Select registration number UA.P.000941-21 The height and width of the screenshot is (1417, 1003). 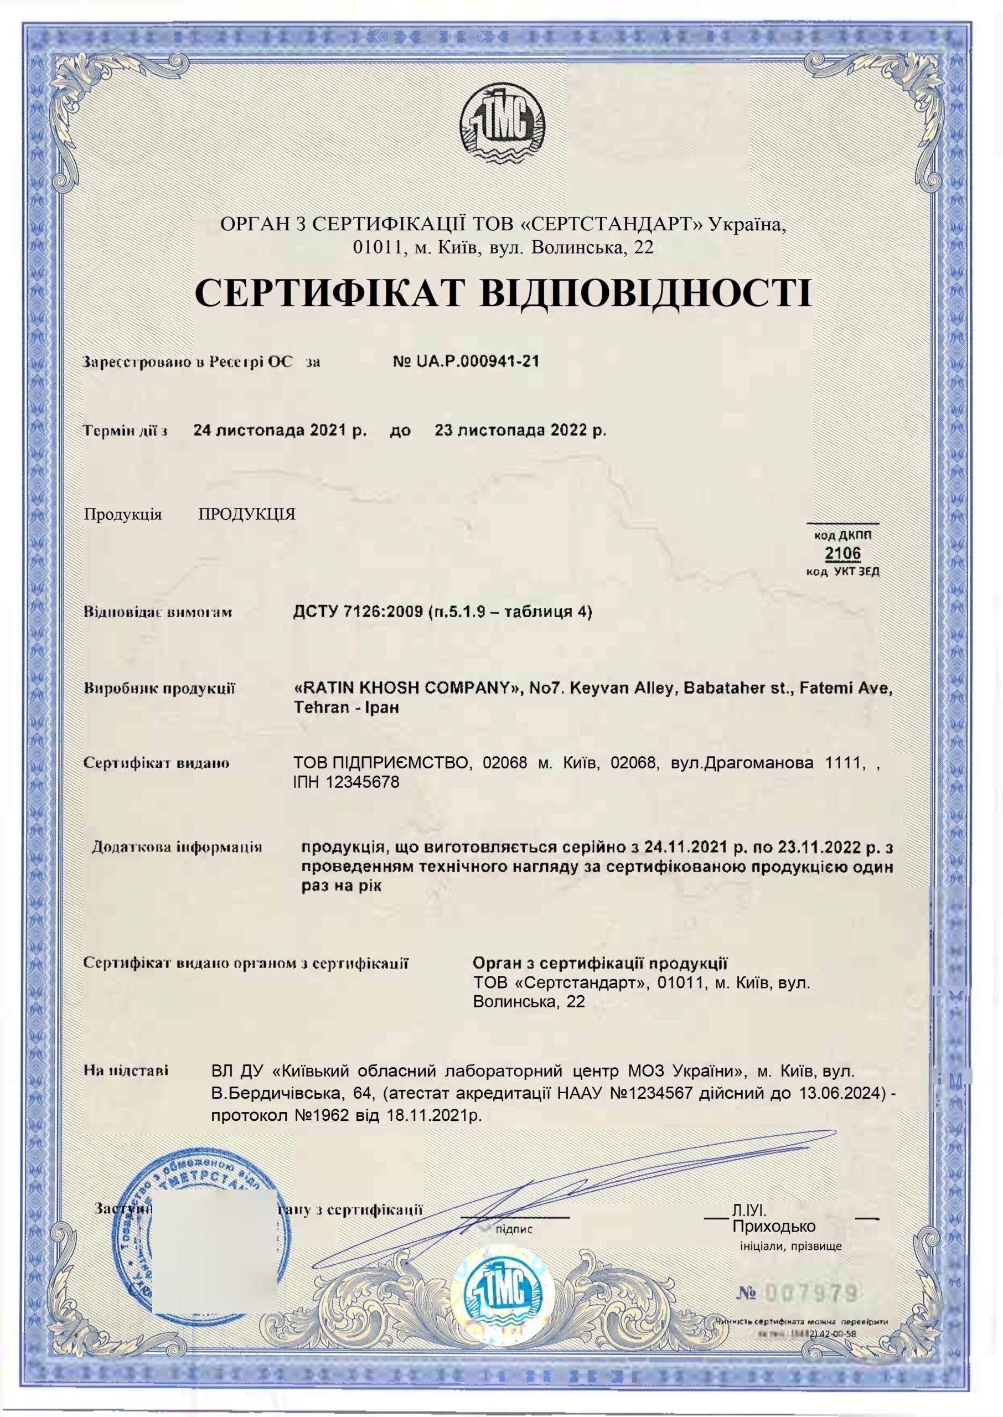[466, 362]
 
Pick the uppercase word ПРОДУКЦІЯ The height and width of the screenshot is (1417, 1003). [247, 515]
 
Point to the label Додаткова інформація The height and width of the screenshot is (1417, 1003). [177, 846]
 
